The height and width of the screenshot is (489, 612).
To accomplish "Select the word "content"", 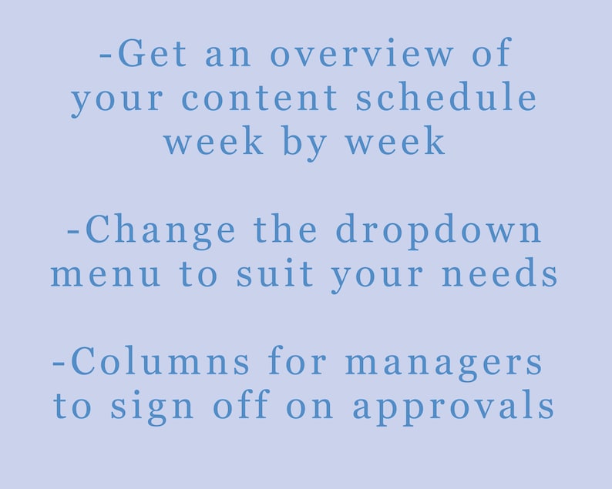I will (260, 99).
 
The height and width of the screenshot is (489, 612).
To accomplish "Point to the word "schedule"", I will (447, 99).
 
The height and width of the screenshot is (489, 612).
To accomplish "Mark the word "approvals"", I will (454, 407).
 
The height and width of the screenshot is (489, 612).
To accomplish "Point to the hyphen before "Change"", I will (73, 233).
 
